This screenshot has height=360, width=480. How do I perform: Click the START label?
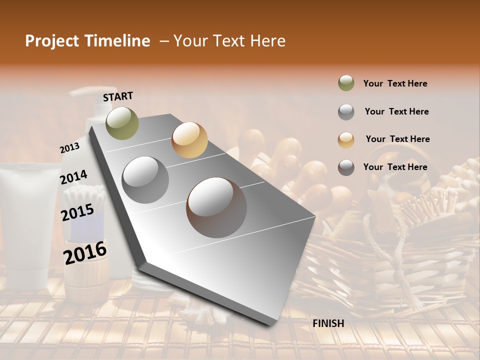click(118, 96)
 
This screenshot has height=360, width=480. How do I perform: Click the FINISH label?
click(328, 323)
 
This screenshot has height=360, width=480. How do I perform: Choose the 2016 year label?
click(85, 252)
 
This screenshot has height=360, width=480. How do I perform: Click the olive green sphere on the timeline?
click(122, 123)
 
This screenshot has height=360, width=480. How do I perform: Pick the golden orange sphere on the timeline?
click(189, 139)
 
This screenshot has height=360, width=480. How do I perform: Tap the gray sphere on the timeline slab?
click(145, 179)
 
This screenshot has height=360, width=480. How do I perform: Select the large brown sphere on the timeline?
click(216, 207)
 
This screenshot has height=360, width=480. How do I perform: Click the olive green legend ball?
click(346, 83)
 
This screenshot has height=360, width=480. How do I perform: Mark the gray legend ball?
click(346, 111)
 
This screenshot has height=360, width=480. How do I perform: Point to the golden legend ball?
click(346, 139)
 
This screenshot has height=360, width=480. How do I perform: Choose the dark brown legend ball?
click(346, 167)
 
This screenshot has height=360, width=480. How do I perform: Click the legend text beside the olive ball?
click(395, 83)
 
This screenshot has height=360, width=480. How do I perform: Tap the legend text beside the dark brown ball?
click(395, 167)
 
